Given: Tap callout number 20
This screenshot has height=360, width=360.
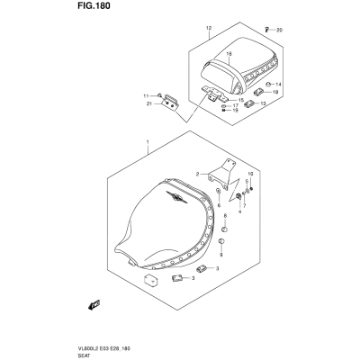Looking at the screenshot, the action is coord(279,30).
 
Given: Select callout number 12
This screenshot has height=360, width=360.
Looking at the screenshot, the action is coord(209,28).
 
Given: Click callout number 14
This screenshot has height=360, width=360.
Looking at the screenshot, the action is coord(278,85).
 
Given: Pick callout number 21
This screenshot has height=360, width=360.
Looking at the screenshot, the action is coord(148,103).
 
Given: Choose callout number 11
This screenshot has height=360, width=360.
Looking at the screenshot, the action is coord(146,96).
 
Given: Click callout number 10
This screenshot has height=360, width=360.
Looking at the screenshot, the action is coord(251,174).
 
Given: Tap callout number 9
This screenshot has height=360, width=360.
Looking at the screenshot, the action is coord(221,255).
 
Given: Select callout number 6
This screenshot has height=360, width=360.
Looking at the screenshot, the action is coord(219,205).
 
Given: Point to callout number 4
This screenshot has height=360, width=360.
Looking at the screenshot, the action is coord(239,212).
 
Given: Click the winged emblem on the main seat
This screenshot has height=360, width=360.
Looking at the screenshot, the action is coord(176,197).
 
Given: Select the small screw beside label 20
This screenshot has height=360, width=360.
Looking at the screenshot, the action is coord(266,29).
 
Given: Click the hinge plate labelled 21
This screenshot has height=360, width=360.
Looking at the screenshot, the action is coord(170,103).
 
